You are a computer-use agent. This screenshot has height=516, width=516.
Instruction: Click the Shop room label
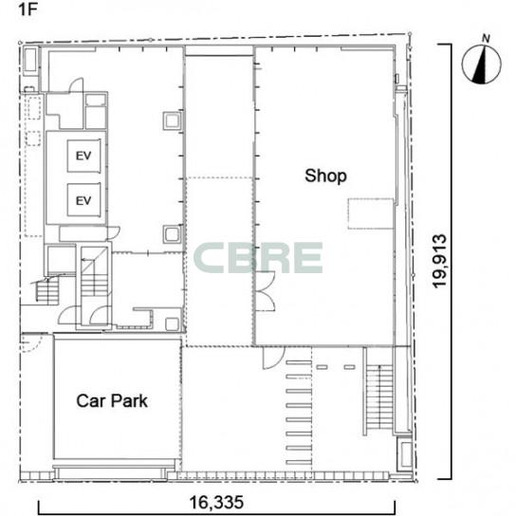coord(325,176)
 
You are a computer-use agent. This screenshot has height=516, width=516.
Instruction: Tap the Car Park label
coord(112,401)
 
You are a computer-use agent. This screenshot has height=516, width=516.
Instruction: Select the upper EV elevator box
coord(83,156)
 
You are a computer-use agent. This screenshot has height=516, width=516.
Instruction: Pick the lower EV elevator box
coord(83,200)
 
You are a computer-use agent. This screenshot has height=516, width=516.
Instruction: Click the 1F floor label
coord(28,9)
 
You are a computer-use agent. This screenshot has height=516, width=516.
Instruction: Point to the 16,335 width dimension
coord(216,502)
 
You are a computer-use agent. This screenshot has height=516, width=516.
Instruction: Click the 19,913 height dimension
coord(440,261)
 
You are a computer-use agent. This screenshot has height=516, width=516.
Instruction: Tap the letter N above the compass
coord(486,39)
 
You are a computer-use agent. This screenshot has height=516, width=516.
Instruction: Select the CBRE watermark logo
coord(258,258)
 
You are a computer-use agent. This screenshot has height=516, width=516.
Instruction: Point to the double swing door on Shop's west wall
coord(266,291)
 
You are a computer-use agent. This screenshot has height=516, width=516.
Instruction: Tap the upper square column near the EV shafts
coord(172,120)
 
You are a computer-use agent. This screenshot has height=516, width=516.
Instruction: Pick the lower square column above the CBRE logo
coord(172,234)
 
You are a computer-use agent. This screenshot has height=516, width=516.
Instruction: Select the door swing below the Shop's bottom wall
coord(273,358)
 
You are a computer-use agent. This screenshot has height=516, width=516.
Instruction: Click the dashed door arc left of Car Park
coord(30,343)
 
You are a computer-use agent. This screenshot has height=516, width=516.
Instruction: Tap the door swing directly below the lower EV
coord(113,232)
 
